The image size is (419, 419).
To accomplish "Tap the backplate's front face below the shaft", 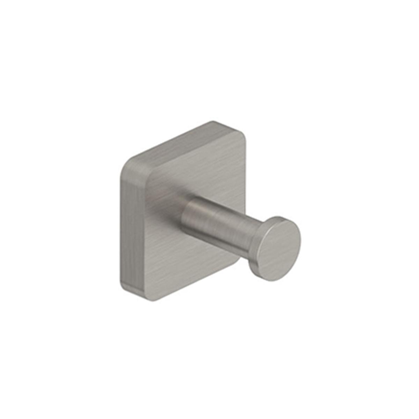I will (x=182, y=265).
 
